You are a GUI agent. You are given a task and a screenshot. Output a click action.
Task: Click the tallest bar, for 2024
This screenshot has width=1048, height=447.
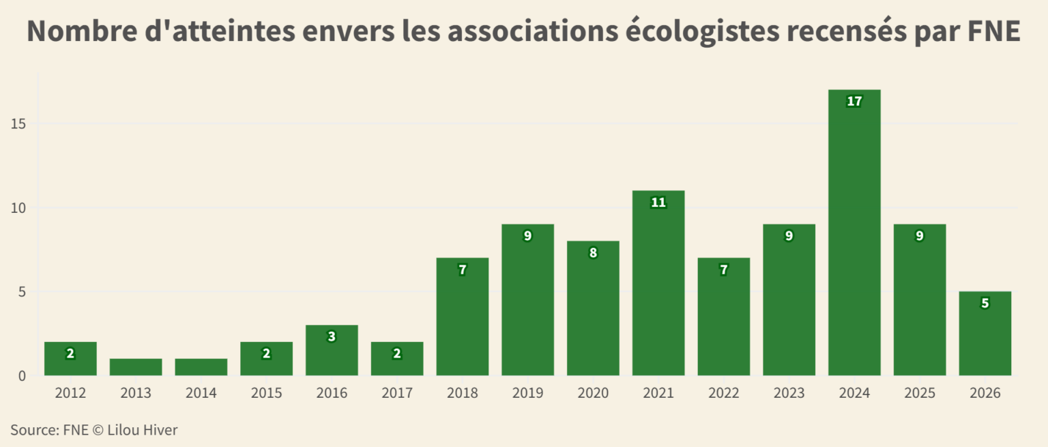coord(854,232)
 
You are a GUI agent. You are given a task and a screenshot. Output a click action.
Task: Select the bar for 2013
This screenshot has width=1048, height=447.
coord(136,367)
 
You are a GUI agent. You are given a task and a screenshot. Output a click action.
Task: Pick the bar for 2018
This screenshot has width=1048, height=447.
coord(463,317)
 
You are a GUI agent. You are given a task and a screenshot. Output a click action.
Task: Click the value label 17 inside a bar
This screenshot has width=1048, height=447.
coord(854,102)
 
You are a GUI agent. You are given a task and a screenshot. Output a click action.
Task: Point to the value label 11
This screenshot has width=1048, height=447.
coord(658,203)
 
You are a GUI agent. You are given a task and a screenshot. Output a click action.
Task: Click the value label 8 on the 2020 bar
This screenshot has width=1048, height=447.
coord(593,253)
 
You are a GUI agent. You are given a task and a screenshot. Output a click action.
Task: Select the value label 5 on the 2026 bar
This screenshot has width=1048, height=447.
coord(985,304)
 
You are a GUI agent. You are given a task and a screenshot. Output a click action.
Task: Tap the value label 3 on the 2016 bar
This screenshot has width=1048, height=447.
coord(332,337)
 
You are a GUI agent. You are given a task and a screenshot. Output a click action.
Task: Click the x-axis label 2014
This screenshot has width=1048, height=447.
coord(201,394)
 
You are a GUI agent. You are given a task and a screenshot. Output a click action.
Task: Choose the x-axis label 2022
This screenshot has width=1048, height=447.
coord(724,394)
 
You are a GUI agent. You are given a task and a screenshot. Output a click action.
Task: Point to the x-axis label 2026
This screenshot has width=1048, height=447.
coord(985,394)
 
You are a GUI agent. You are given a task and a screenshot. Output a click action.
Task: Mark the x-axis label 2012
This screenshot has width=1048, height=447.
coord(70,394)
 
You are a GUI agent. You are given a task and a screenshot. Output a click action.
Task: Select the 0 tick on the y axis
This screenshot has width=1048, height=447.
coord(22,376)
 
